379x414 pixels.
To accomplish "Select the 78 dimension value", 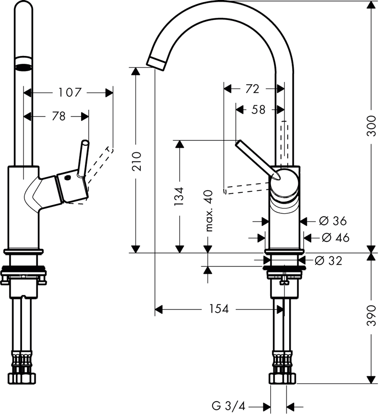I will click(59, 117).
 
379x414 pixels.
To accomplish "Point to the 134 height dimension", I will click(179, 196).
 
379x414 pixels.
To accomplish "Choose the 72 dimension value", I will click(252, 89).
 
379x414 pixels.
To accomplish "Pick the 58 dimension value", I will click(258, 110).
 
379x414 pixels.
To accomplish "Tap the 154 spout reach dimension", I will click(219, 309).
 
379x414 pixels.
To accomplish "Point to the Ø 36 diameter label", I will click(333, 221).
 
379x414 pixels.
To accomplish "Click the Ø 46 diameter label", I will click(335, 238).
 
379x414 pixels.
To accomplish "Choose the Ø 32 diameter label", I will click(329, 261).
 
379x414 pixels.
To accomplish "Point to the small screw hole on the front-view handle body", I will click(67, 178).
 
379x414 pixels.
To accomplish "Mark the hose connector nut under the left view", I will click(24, 377).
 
